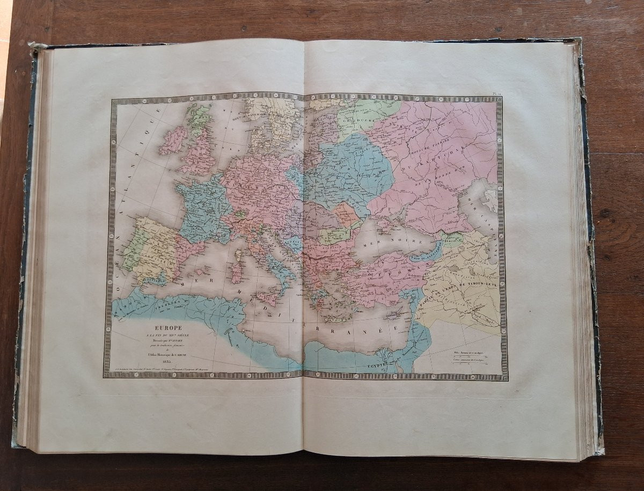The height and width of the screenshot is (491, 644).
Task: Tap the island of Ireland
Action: pos(173,139)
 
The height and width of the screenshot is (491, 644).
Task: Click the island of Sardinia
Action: pos(236,273)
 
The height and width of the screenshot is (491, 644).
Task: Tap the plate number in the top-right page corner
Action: pos(497,93)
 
